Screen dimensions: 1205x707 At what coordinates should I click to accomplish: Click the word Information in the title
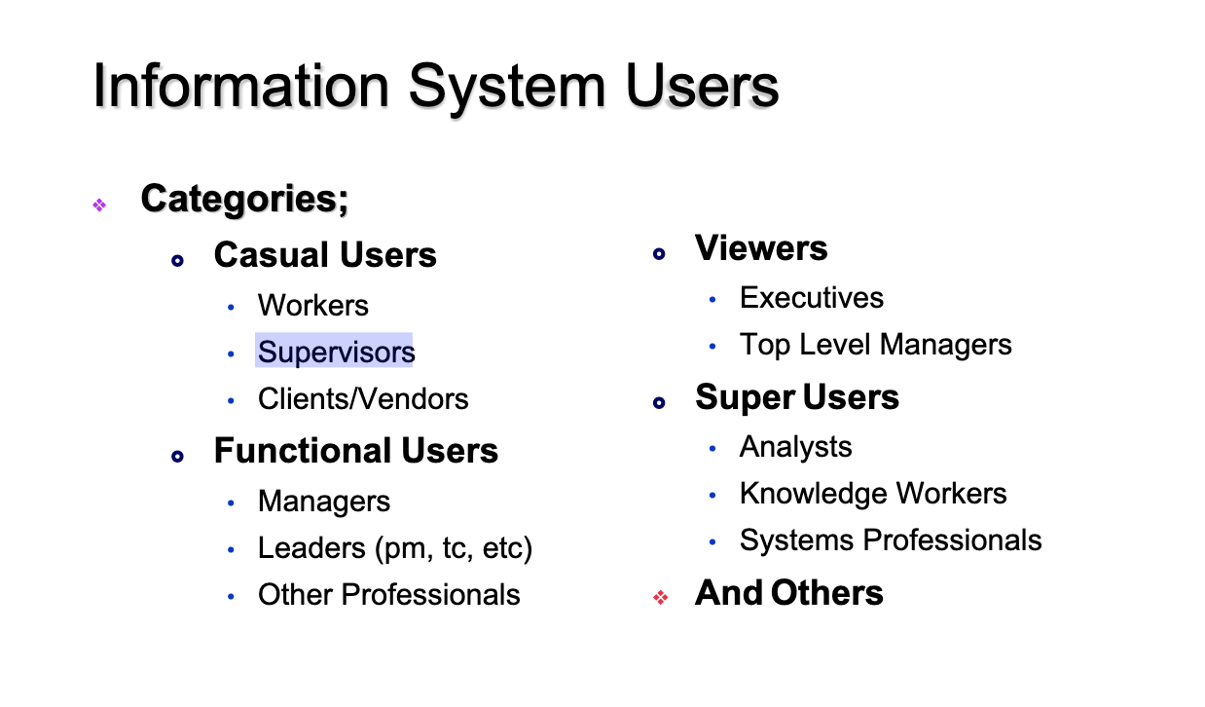[240, 86]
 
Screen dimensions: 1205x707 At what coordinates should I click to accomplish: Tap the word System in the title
[507, 89]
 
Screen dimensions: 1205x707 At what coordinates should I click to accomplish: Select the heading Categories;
[244, 199]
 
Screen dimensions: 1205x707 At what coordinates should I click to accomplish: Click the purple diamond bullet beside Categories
[99, 205]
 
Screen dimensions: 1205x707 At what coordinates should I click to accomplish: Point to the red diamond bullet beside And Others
[661, 597]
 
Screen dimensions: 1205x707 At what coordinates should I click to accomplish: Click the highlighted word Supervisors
[336, 352]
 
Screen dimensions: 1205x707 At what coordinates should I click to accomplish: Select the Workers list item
[313, 305]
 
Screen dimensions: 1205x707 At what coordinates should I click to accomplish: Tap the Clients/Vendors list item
[363, 398]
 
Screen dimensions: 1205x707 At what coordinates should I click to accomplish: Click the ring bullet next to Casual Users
[177, 261]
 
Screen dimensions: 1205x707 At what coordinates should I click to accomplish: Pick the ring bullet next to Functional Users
[177, 457]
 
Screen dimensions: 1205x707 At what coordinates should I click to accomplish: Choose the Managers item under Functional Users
[324, 502]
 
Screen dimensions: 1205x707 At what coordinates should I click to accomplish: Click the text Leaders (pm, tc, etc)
[395, 548]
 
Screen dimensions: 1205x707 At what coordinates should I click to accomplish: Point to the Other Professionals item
[389, 595]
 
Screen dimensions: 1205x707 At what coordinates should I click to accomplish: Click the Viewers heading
[761, 248]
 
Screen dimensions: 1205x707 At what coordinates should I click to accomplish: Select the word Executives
[811, 298]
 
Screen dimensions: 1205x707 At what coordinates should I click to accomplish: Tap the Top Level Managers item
[876, 345]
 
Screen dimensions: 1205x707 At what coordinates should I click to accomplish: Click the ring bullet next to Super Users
[659, 402]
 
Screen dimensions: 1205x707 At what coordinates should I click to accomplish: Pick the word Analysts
[795, 447]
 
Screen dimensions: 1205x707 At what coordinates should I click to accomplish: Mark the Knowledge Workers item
[873, 494]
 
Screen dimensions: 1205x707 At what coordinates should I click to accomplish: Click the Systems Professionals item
[891, 540]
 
